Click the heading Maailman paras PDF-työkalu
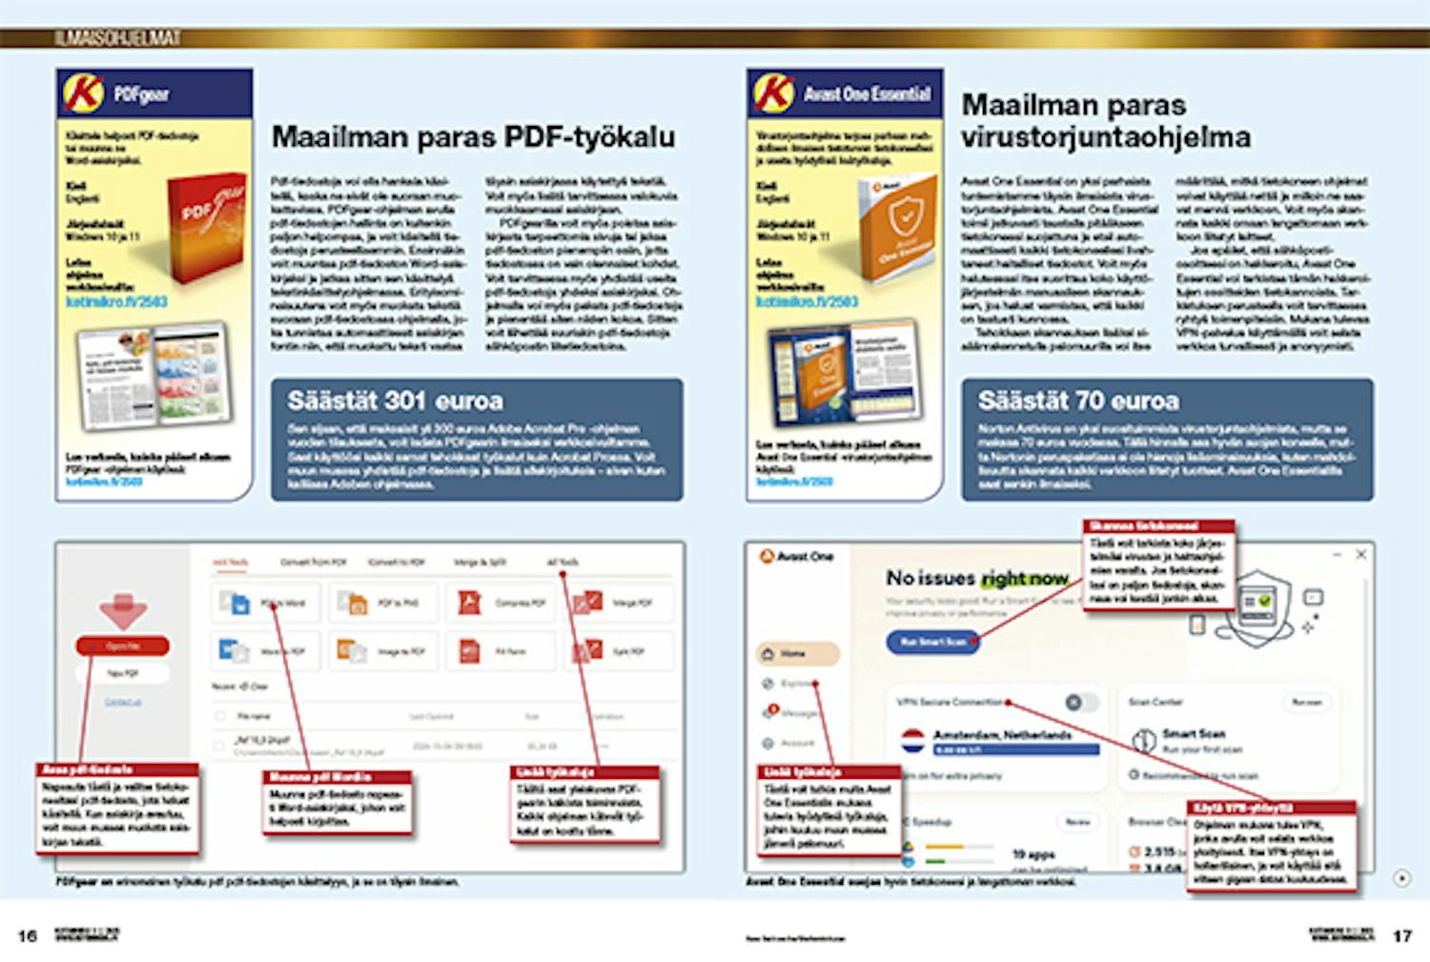point(473,137)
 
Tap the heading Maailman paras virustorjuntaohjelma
point(1105,121)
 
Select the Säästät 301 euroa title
point(395,401)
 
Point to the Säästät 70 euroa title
point(1078,401)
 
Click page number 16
point(28,935)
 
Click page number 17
point(1401,935)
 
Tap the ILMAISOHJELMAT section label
point(117,38)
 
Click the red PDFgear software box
point(204,229)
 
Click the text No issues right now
point(976,579)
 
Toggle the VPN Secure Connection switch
point(1080,703)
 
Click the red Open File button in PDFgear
point(122,646)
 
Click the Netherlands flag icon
point(912,739)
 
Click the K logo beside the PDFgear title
point(83,93)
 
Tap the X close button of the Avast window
point(1361,554)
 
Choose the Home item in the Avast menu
point(797,654)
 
